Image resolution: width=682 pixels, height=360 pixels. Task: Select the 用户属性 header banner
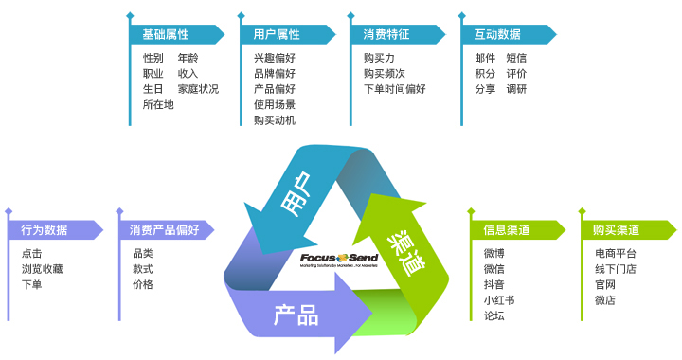click(284, 34)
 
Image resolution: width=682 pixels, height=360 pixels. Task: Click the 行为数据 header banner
click(52, 229)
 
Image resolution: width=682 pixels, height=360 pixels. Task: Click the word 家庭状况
click(198, 89)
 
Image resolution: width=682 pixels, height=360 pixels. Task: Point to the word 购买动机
click(275, 120)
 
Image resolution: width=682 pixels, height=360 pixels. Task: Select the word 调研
click(516, 89)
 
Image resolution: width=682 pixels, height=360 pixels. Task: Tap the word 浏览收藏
click(42, 269)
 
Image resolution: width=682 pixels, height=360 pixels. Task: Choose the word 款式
click(143, 269)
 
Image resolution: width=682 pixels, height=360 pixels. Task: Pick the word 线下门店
click(616, 269)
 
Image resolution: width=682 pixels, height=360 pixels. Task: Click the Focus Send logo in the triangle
click(338, 259)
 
